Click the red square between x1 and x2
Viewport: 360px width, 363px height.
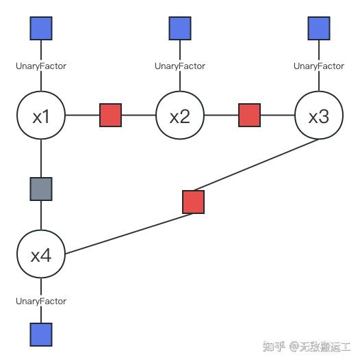[110, 116]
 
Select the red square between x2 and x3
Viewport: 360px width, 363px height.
[249, 116]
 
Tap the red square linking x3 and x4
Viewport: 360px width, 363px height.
[194, 202]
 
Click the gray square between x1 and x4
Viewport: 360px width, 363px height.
[41, 189]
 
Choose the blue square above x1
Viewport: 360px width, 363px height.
[41, 28]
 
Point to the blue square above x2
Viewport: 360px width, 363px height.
[179, 28]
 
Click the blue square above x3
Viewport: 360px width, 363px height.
[318, 28]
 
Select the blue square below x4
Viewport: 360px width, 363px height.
[41, 334]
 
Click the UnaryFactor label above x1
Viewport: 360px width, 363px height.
[41, 66]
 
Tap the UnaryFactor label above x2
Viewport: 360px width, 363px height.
[179, 66]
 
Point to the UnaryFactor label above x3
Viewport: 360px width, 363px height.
[318, 66]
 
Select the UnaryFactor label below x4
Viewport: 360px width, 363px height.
[41, 301]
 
